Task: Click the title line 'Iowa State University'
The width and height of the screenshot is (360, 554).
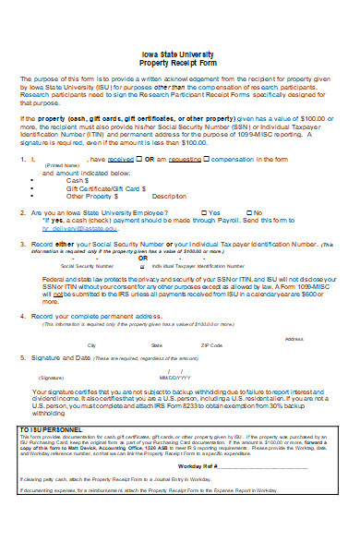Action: tap(180, 54)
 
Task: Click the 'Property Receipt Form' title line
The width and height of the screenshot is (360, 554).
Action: tap(180, 63)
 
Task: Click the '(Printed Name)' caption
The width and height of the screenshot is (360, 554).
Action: tap(62, 165)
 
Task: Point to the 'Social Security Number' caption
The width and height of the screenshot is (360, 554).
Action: tap(77, 264)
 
